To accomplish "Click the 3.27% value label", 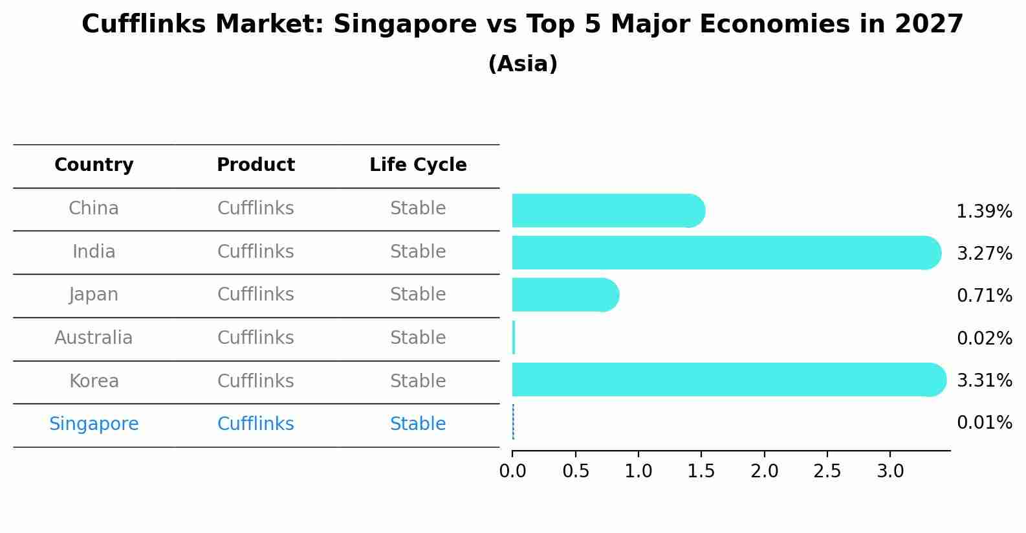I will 984,253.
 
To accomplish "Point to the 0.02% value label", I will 984,338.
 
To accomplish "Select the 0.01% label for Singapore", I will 984,423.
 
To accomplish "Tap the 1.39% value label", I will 984,211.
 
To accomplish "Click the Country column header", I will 94,165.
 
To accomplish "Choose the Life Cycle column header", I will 418,165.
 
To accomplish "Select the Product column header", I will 256,165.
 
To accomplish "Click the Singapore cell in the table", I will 94,424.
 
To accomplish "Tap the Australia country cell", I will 94,338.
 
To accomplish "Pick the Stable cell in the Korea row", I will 418,381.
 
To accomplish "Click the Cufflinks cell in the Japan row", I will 256,295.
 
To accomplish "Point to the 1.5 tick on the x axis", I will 701,471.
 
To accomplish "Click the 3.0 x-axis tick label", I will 890,471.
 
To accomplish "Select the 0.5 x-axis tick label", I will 575,471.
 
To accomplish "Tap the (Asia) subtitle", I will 523,64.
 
